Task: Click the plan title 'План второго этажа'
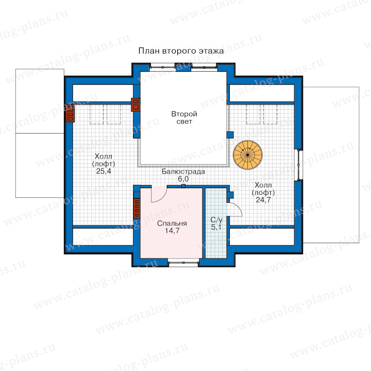pyautogui.click(x=181, y=51)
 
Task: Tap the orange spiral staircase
pyautogui.click(x=248, y=155)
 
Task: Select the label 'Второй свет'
pyautogui.click(x=184, y=117)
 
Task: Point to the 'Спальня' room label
pyautogui.click(x=172, y=223)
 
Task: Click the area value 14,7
pyautogui.click(x=172, y=231)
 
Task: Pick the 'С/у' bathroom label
pyautogui.click(x=216, y=220)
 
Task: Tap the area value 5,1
pyautogui.click(x=216, y=228)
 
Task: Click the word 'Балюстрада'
pyautogui.click(x=183, y=171)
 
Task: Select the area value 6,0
pyautogui.click(x=183, y=179)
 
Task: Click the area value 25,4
pyautogui.click(x=103, y=171)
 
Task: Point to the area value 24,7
pyautogui.click(x=263, y=200)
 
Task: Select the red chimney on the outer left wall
pyautogui.click(x=70, y=113)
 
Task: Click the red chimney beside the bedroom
pyautogui.click(x=137, y=208)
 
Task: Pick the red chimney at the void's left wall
pyautogui.click(x=136, y=105)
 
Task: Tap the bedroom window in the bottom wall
pyautogui.click(x=183, y=263)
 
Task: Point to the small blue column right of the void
pyautogui.click(x=230, y=135)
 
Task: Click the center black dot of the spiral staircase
pyautogui.click(x=248, y=155)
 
